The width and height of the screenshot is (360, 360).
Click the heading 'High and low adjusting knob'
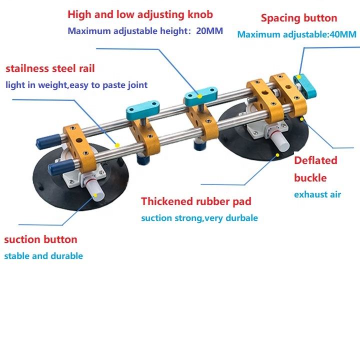point(140,15)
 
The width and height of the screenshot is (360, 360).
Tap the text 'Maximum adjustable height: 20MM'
point(145,31)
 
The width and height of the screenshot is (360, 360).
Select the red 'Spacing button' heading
point(299,18)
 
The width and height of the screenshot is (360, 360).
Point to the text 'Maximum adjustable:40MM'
point(296,34)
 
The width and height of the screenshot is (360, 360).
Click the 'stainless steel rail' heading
point(49,68)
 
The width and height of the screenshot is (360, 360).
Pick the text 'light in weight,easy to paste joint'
point(76,85)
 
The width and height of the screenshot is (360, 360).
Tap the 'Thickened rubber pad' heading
point(196,201)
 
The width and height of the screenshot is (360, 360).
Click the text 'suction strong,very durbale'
point(199,218)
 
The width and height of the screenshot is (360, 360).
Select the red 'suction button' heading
point(40,239)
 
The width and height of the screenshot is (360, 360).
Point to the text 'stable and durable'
point(43,256)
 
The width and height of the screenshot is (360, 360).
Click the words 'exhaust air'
point(317,194)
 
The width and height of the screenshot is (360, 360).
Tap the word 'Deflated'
point(315,160)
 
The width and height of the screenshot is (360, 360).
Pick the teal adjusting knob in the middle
point(198,95)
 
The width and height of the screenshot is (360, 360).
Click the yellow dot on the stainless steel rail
point(116,144)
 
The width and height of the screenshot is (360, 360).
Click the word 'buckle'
point(310,177)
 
